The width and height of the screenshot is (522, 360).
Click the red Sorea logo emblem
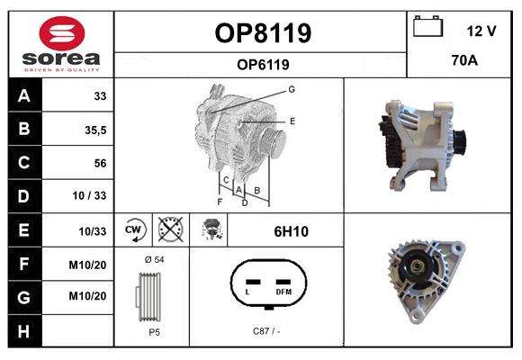(62, 33)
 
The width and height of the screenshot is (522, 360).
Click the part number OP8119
(263, 33)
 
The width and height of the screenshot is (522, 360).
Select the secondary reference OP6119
(263, 65)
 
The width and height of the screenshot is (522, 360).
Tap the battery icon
(427, 26)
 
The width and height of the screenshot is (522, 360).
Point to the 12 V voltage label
(481, 31)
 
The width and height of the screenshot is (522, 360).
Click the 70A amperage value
(464, 60)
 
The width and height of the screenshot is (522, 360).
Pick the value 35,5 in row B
(95, 130)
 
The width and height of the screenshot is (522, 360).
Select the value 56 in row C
(100, 163)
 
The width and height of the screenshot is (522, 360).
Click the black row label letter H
(23, 331)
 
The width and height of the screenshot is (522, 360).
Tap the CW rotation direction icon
(133, 229)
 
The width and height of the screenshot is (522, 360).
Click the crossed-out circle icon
(170, 229)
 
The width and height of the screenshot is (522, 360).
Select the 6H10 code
(291, 231)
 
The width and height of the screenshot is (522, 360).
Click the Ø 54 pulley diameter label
(155, 260)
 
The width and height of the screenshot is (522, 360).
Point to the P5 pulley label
(155, 332)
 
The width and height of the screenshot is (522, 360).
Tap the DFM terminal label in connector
(283, 292)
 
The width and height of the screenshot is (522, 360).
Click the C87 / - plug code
(266, 331)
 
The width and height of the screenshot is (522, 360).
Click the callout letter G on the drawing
(292, 89)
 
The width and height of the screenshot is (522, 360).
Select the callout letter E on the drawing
(292, 121)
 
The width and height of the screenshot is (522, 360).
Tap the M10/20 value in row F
(87, 265)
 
